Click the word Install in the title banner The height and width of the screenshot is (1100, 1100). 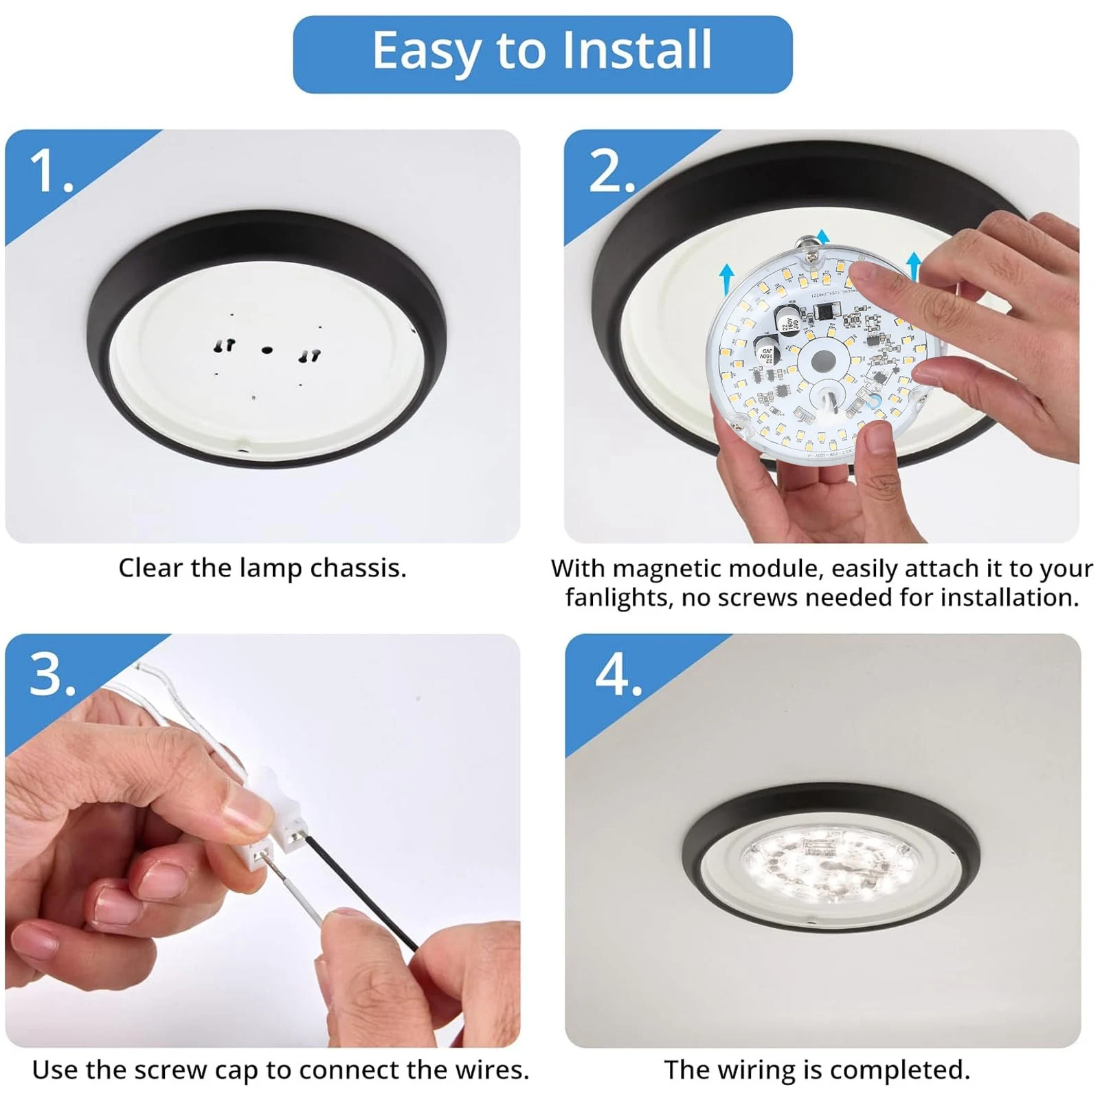[x=636, y=50]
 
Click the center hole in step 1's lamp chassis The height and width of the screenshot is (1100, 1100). [x=267, y=350]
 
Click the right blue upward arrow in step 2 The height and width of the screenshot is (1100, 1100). [x=913, y=269]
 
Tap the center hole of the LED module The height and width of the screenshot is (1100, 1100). [x=822, y=361]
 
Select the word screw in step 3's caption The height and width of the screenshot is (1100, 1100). [x=169, y=1070]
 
